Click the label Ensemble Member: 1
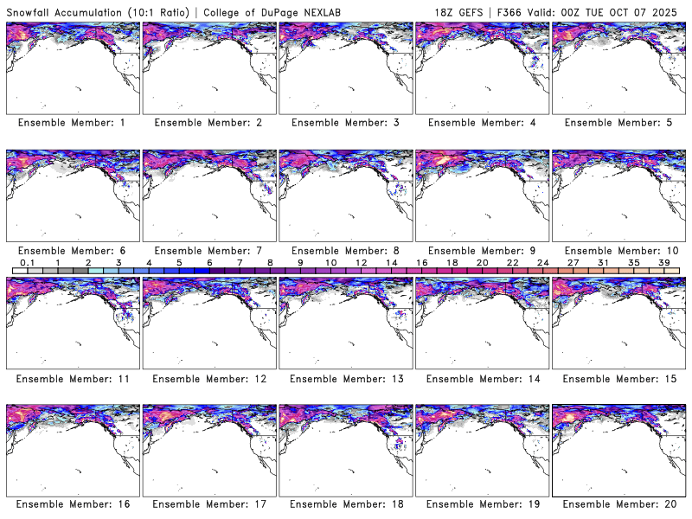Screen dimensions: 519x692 (72, 123)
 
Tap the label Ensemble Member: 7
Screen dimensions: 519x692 (208, 251)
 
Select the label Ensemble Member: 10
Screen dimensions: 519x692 (618, 251)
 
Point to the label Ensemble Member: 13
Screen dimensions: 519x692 (345, 379)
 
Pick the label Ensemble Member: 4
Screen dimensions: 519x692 (482, 123)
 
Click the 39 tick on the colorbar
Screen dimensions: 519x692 (664, 262)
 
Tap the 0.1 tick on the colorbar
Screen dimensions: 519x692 (27, 262)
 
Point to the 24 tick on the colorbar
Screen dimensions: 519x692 (543, 262)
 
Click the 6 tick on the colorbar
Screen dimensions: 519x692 (209, 262)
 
